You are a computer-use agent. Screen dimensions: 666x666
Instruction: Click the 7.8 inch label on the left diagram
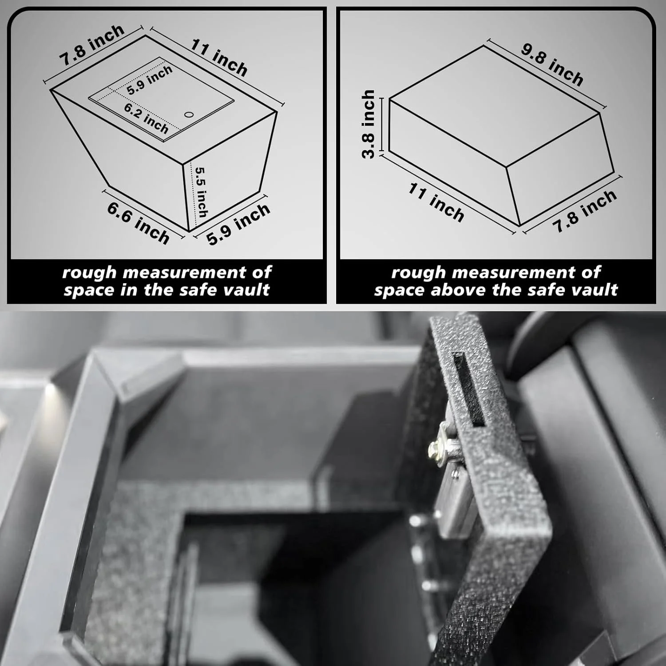click(x=92, y=46)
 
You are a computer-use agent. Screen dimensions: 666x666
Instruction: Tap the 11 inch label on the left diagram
click(x=219, y=58)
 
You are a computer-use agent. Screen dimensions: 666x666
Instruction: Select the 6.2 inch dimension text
click(x=146, y=119)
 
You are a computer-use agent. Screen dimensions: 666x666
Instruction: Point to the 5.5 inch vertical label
click(x=201, y=192)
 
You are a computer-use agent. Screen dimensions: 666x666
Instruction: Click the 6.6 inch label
click(x=139, y=223)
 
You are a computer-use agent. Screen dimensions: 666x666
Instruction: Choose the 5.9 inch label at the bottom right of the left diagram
click(x=238, y=224)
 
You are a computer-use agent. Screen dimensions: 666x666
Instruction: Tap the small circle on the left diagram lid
click(x=189, y=115)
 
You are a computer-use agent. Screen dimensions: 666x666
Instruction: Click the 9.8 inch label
click(x=552, y=64)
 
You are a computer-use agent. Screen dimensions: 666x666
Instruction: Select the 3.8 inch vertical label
click(x=369, y=124)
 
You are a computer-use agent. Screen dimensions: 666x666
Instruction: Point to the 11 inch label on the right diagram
click(x=436, y=202)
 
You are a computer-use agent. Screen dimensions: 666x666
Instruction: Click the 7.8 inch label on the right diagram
click(x=584, y=211)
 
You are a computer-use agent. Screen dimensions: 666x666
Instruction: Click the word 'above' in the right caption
click(x=460, y=290)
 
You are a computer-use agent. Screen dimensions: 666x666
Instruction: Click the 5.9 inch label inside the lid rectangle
click(x=150, y=80)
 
